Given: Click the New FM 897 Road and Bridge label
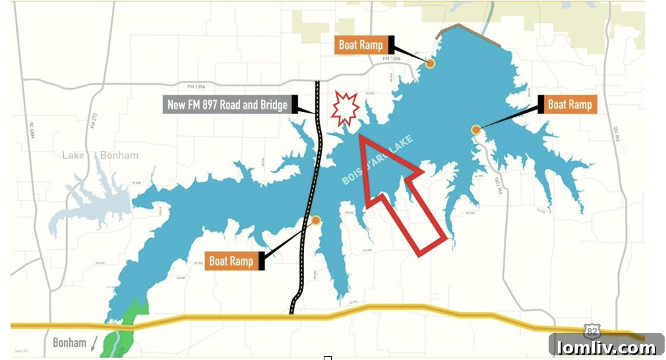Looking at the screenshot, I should [227, 104].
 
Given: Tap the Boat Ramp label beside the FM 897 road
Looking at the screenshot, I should [231, 261].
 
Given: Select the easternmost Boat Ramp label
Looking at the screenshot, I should [570, 104].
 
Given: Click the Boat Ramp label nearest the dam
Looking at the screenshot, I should [361, 45].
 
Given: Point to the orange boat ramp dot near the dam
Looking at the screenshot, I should [430, 63].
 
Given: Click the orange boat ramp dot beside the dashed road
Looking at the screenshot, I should [316, 220].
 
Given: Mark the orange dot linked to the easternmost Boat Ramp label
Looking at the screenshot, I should [475, 130].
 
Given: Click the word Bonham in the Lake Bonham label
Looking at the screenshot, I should [119, 156].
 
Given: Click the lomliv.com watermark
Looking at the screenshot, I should [606, 346].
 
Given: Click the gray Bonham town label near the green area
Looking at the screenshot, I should [69, 343].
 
